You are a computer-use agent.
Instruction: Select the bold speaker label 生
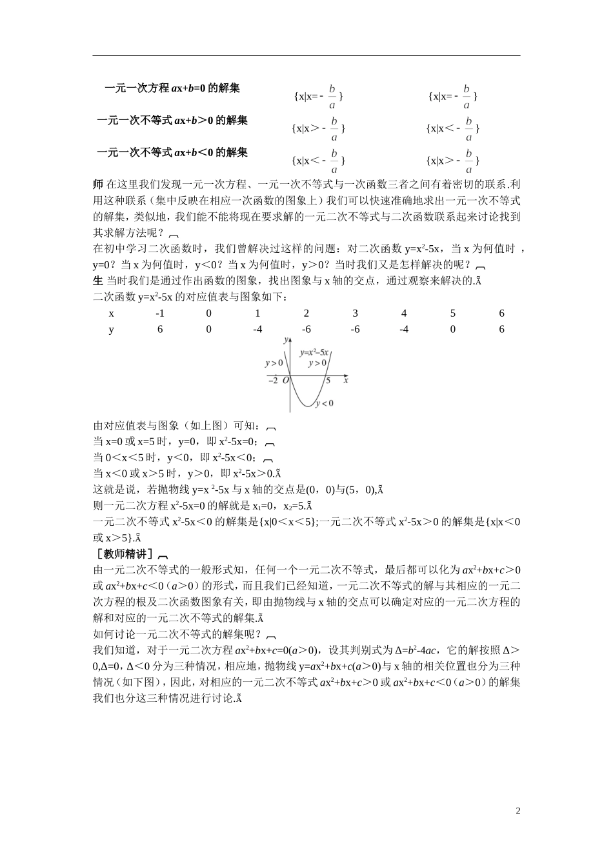tap(98, 280)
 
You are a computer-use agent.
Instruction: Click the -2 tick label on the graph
tap(273, 381)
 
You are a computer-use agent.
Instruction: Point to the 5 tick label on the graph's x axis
tap(328, 381)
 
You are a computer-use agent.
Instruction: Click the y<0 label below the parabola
tap(324, 403)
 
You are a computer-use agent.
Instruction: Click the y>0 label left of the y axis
tap(274, 363)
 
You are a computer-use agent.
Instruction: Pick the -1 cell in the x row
tap(160, 314)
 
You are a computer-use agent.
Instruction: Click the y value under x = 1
tap(257, 330)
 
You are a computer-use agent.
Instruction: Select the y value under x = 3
tap(355, 330)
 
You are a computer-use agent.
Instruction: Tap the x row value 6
tap(501, 314)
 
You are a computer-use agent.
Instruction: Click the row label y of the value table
tap(111, 330)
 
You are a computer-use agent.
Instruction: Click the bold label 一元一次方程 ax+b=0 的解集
tap(172, 88)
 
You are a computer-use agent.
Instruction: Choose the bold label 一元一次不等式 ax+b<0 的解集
tap(172, 152)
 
